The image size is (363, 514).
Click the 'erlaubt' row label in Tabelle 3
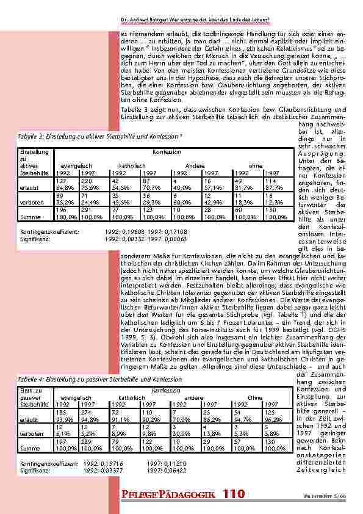click(x=29, y=188)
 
